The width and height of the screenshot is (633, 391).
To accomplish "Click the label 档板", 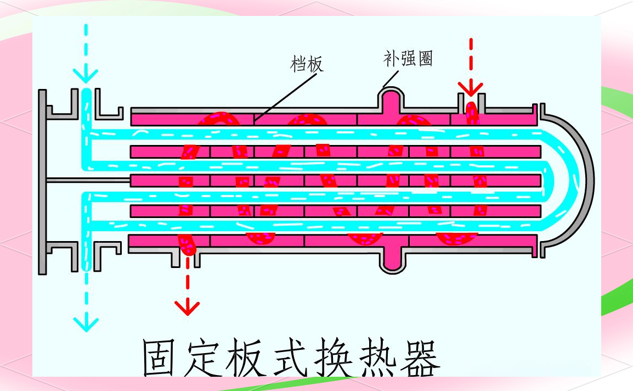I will [307, 64].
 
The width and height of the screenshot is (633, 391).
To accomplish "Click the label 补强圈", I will [408, 58].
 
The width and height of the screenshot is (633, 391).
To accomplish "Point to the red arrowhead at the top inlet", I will [471, 88].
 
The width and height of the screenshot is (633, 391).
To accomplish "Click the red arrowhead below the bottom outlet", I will [188, 308].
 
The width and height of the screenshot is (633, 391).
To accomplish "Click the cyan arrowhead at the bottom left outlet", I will [86, 322].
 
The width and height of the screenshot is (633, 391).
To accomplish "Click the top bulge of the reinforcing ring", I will [391, 100].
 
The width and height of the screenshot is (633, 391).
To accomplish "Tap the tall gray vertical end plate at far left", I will [42, 181].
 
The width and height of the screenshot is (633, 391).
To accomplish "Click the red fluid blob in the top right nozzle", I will [472, 113].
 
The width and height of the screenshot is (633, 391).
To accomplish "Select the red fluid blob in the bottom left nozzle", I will [186, 244].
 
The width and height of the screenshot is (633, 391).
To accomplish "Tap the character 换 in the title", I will [322, 358].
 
